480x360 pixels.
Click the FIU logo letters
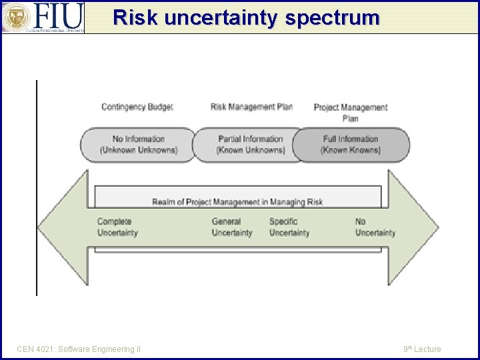coord(58,15)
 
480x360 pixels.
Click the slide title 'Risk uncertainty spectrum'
coord(246,17)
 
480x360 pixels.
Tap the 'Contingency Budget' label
coord(137,107)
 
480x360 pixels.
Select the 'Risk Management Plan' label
coord(251,107)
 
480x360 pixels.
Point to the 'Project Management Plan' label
coord(350,112)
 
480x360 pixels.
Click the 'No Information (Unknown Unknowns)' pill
coord(138,145)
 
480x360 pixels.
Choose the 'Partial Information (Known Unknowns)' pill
coord(250,145)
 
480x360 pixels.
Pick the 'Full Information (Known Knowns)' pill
coord(351,145)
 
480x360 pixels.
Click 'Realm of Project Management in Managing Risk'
coord(237,201)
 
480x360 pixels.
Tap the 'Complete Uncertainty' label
coord(117,227)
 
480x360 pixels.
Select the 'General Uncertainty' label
coord(232,227)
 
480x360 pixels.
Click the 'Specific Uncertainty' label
coord(289,227)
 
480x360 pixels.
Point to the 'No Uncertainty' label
coord(375,227)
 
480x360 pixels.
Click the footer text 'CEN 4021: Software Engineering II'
coord(79,349)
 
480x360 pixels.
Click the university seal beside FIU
coord(15,17)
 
